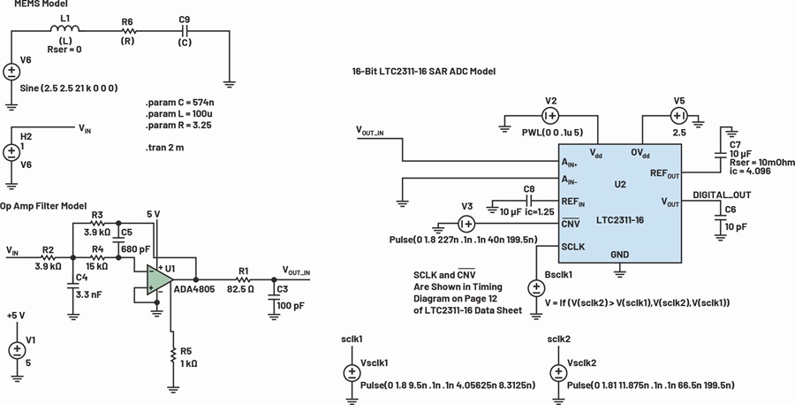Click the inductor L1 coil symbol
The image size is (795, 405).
(67, 29)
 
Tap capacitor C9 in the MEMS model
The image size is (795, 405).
(185, 32)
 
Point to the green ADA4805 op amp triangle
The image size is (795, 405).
(157, 279)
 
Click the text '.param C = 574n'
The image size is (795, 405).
(183, 103)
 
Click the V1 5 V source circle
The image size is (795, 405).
(17, 349)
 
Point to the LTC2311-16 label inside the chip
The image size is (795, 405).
(619, 220)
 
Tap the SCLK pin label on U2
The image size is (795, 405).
(573, 246)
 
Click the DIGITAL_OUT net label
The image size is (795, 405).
(722, 195)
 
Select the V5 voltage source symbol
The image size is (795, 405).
(678, 116)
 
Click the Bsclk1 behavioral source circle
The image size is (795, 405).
(536, 288)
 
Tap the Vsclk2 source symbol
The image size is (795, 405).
(558, 373)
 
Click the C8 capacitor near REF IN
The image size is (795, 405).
(528, 201)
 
